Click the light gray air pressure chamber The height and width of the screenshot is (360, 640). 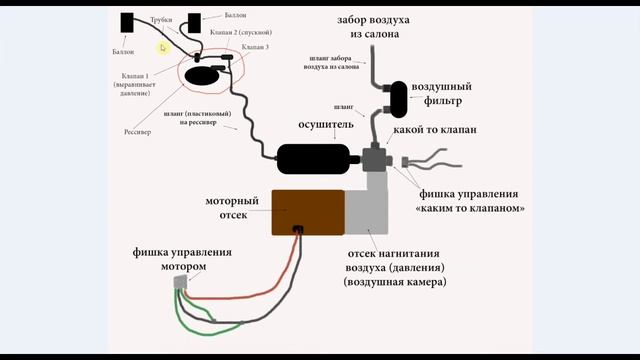(372, 212)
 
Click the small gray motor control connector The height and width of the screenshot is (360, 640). (181, 284)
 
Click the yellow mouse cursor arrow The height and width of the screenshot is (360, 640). (163, 47)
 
